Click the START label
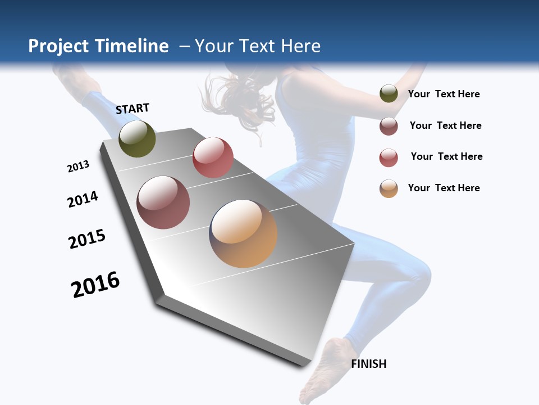(x=133, y=109)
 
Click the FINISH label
(x=368, y=364)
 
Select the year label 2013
(x=78, y=166)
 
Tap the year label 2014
(x=83, y=200)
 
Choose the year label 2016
(x=95, y=285)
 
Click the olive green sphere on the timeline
(x=137, y=139)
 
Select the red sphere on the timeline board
(x=213, y=157)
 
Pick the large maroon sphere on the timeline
(x=163, y=202)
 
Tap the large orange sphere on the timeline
(x=243, y=233)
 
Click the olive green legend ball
(x=389, y=94)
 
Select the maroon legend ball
(x=389, y=126)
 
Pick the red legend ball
(x=389, y=157)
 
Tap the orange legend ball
(x=389, y=188)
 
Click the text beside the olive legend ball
(x=444, y=94)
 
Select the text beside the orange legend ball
(x=444, y=188)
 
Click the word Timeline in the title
(x=132, y=46)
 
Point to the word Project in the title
(x=58, y=46)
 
